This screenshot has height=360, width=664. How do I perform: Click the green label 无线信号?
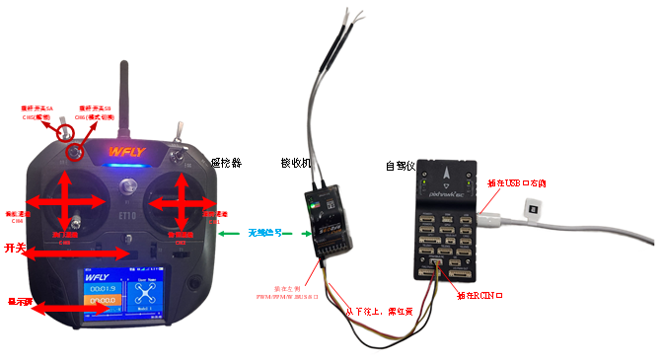tap(265, 233)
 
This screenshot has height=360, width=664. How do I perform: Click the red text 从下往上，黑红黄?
tap(378, 309)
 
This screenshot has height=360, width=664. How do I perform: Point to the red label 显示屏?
tap(19, 301)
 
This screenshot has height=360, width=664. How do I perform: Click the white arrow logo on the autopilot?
tap(447, 175)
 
